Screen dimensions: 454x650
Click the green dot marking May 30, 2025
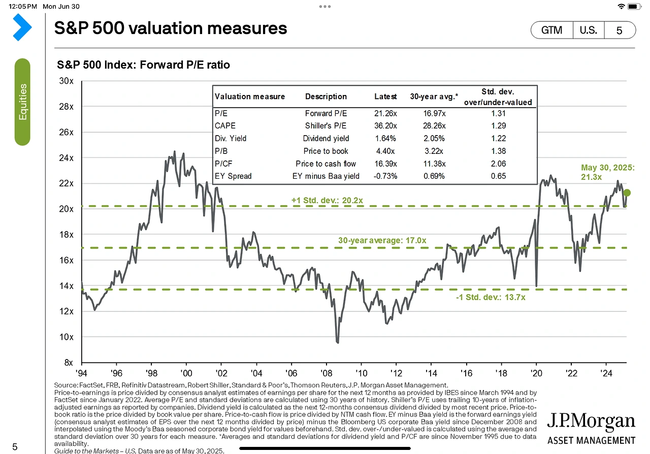(627, 192)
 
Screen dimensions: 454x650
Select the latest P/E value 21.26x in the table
(385, 113)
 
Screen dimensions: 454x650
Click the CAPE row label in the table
(225, 126)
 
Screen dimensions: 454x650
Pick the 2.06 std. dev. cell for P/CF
(498, 164)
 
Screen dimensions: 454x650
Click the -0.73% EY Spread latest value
(385, 176)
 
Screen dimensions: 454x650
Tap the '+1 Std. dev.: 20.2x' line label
(327, 200)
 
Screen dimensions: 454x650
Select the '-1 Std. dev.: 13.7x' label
(491, 297)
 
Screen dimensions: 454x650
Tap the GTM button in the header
(551, 30)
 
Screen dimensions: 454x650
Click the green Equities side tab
(22, 102)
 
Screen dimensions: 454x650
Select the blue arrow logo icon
(22, 27)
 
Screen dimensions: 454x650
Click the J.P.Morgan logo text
(591, 422)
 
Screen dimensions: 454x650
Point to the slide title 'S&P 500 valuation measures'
(171, 28)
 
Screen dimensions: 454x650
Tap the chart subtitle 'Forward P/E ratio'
(143, 64)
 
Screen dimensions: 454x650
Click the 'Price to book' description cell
(326, 151)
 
